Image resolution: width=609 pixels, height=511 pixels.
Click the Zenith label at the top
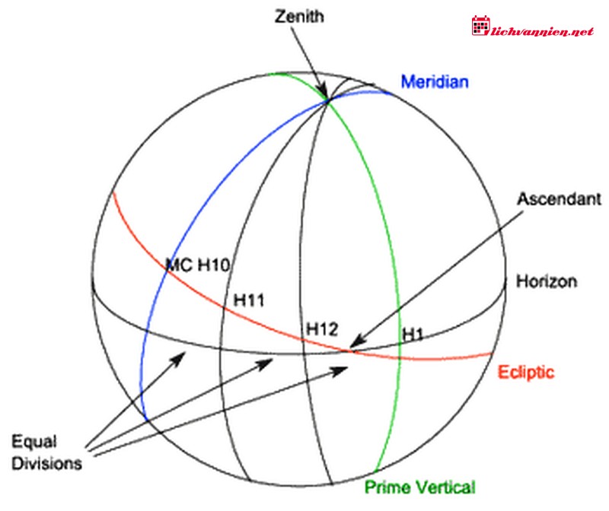point(299,17)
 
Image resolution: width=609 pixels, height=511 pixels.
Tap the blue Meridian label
point(435,82)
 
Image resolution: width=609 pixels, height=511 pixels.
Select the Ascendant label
point(559,199)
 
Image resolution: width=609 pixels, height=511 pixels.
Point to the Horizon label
point(547,281)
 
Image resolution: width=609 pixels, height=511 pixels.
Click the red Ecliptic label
point(526,372)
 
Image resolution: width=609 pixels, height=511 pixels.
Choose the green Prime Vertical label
point(420,487)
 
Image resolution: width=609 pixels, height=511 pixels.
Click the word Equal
point(34,443)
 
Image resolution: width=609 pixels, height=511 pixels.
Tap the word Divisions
point(46,464)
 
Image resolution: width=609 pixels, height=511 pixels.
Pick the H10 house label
point(214,265)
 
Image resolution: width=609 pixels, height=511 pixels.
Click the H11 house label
point(249,300)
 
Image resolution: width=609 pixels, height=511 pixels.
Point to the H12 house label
point(322,329)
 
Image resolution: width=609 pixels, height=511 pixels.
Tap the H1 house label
point(413,335)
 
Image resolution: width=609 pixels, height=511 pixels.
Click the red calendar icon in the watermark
point(481,26)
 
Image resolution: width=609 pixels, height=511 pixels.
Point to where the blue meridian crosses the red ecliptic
point(167,271)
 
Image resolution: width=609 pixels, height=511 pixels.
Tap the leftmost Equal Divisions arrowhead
point(180,358)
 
